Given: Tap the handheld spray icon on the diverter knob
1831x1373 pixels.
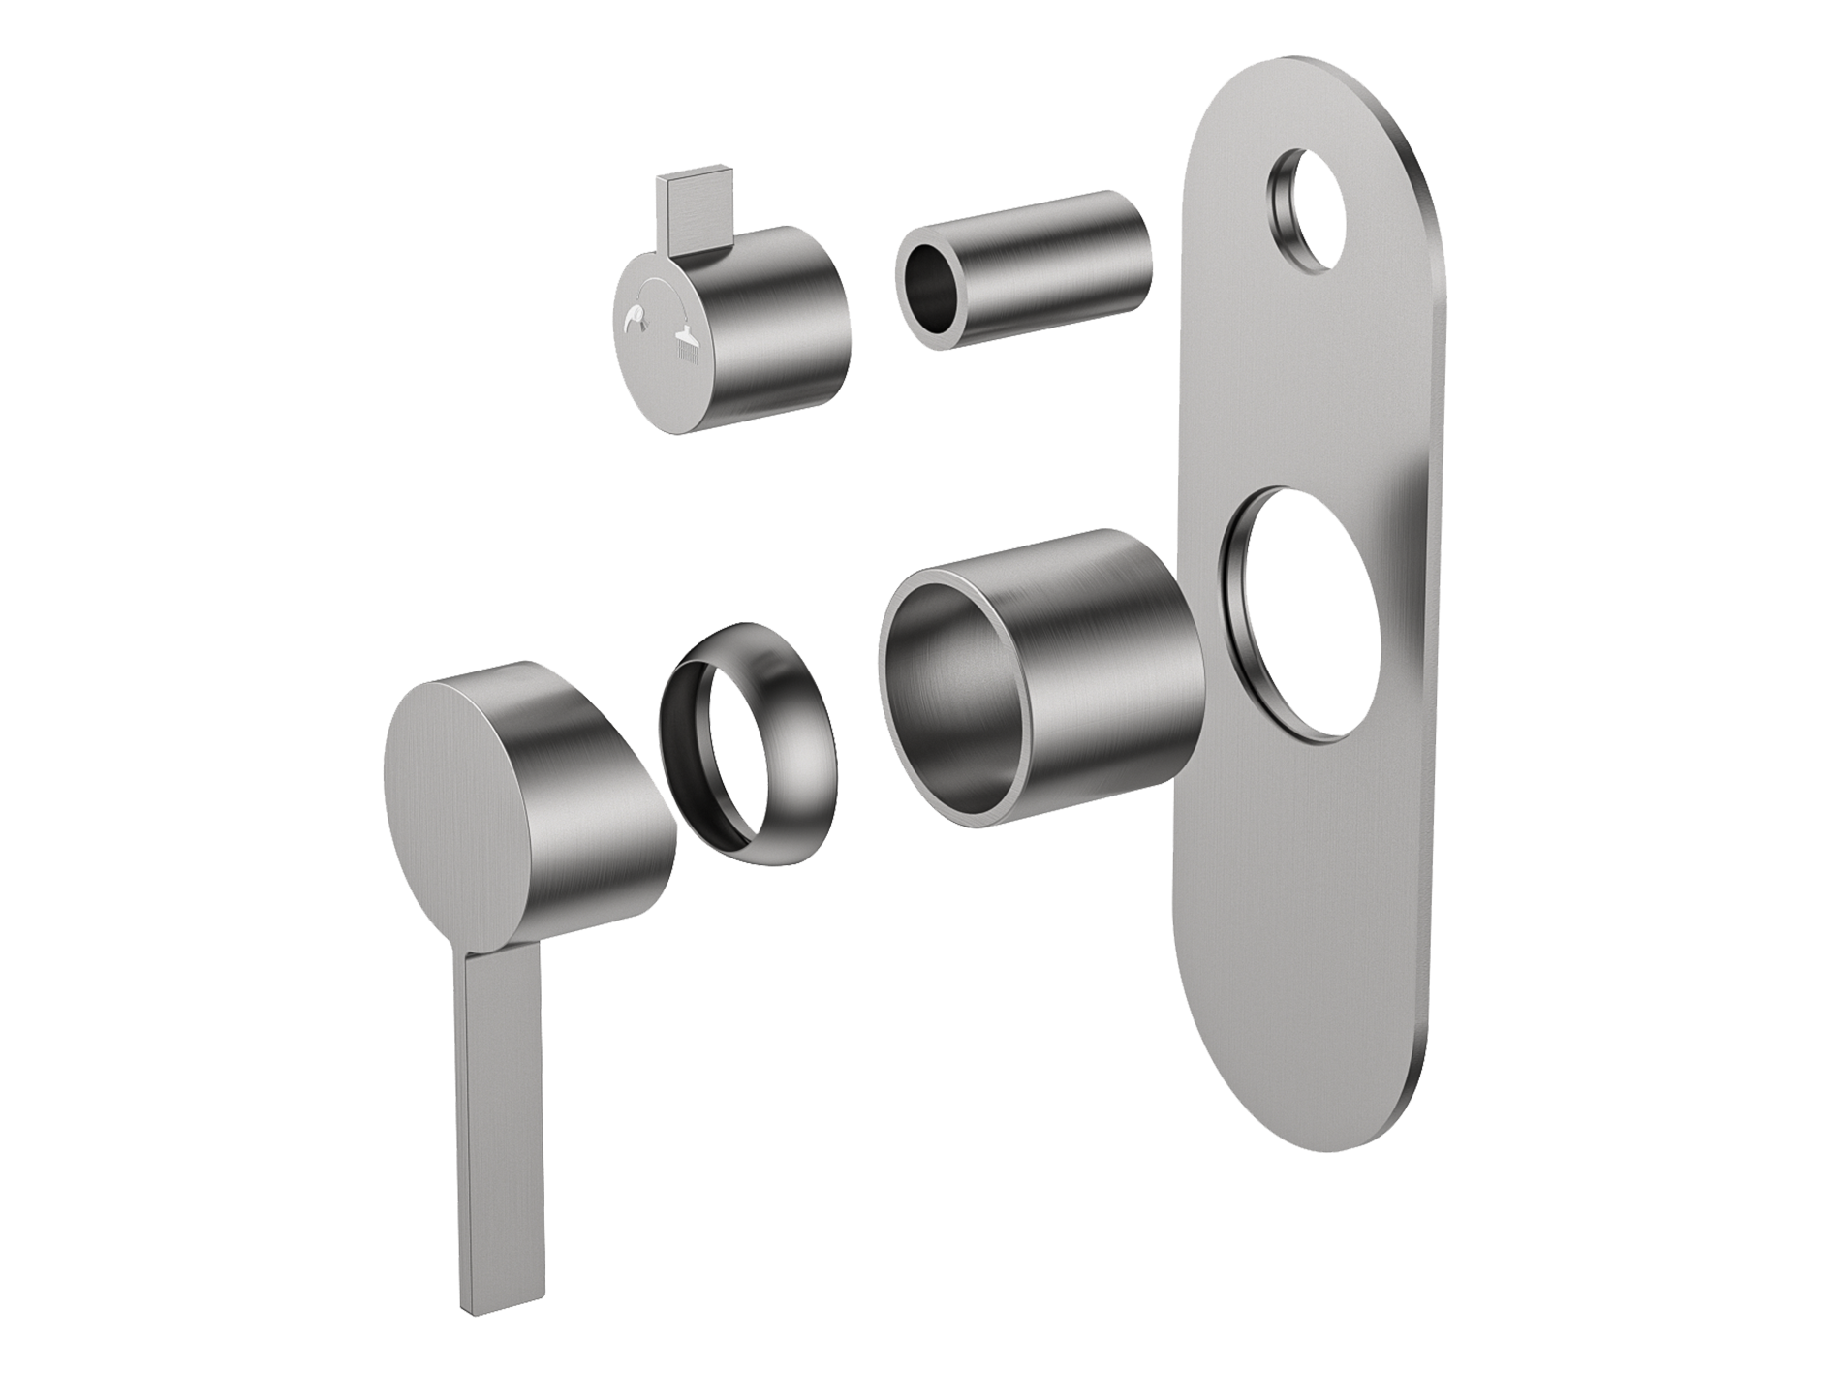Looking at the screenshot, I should [636, 317].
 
